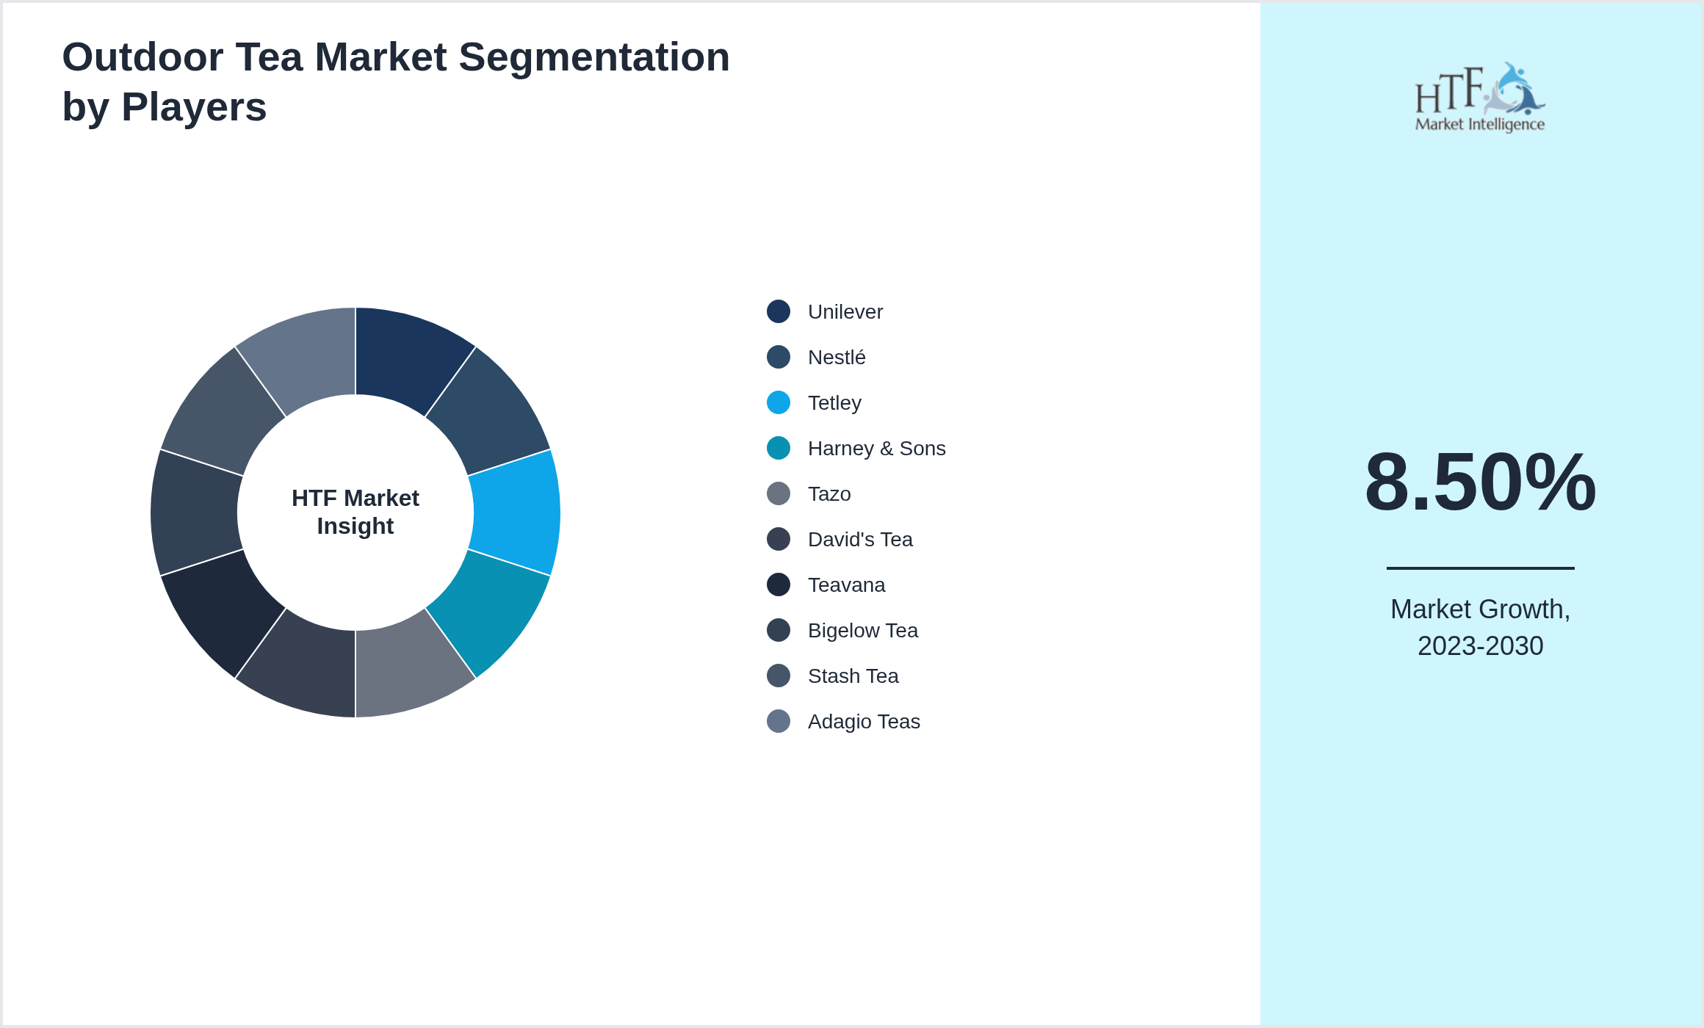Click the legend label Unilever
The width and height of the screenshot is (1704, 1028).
pos(845,312)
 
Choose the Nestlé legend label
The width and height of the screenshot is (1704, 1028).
pos(837,358)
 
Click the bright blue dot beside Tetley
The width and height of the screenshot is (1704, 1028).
pos(779,403)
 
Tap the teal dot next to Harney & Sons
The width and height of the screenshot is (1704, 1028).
pos(779,449)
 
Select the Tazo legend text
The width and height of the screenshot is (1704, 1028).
pos(829,494)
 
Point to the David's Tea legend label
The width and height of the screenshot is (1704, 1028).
pos(860,540)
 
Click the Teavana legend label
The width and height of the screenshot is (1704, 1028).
pos(846,585)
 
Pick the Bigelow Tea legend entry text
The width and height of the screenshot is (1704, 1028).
pos(862,631)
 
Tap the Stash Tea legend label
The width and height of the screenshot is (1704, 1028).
pos(853,676)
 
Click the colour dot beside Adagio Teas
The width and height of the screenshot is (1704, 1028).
pos(779,722)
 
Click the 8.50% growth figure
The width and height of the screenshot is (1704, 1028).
pos(1480,482)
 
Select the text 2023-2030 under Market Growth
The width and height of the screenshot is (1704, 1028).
pos(1480,646)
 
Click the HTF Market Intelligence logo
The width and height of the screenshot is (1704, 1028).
pos(1480,98)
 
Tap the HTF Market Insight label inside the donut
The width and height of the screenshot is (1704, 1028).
pos(355,512)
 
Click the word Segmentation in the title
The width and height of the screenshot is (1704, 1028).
pos(594,57)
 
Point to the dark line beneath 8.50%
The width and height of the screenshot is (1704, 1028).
pos(1480,568)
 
